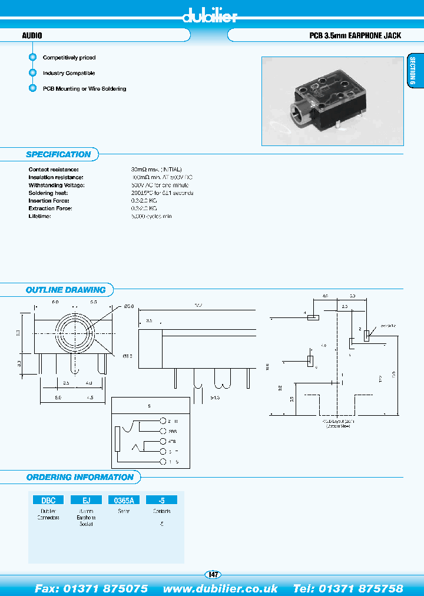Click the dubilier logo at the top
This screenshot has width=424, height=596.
click(210, 16)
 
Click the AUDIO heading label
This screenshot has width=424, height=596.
click(32, 35)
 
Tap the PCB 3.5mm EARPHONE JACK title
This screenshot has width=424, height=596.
click(355, 35)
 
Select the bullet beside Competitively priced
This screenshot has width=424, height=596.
click(33, 58)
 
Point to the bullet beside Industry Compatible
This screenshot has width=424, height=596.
click(33, 73)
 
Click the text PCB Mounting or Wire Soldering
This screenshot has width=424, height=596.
click(84, 89)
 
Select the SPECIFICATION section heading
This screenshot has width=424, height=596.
click(58, 154)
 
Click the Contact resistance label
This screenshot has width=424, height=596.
click(54, 170)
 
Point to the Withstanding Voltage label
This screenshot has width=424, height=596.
click(57, 185)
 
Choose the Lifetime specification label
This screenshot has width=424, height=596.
click(40, 216)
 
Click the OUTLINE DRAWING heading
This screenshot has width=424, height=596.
click(65, 290)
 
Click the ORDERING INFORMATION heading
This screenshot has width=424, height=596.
click(80, 477)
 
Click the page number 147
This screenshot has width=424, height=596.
click(213, 575)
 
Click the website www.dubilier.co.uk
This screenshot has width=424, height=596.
click(220, 588)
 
